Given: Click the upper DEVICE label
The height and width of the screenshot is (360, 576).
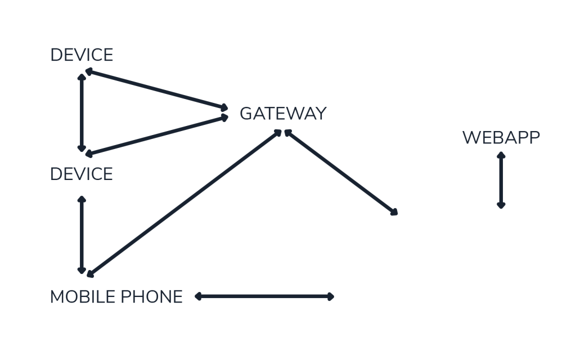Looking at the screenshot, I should (x=82, y=55).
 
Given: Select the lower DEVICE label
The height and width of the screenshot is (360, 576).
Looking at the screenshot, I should (x=82, y=174).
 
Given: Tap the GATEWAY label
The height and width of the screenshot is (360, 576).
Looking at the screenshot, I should (x=282, y=114).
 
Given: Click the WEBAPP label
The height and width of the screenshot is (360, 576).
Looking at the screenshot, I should (x=501, y=137).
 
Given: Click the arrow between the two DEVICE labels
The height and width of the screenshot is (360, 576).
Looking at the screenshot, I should (x=83, y=112).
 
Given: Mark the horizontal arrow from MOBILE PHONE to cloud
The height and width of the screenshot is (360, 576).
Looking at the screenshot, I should (x=264, y=296).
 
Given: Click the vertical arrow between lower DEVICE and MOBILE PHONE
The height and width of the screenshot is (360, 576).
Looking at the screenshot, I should (x=83, y=235).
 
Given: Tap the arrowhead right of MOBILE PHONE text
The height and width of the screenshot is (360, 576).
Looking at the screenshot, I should (x=197, y=296).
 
